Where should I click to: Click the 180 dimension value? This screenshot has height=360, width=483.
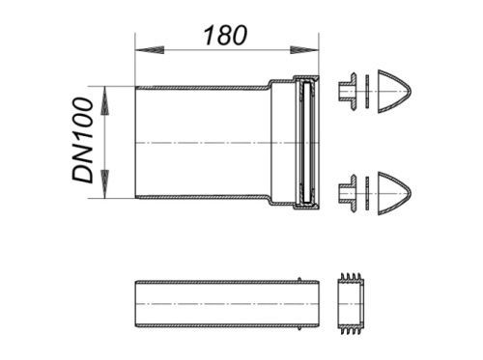225,35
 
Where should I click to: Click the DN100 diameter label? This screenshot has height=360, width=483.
82,140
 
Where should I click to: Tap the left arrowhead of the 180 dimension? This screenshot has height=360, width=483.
150,50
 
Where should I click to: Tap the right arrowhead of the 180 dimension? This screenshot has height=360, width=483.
304,50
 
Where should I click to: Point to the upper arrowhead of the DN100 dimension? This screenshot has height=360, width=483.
104,100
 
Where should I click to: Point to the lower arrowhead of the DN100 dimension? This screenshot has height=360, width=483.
104,184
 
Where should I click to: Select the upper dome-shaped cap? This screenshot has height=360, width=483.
394,92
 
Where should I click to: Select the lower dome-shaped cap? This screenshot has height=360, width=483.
394,194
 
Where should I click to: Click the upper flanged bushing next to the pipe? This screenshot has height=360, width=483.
348,92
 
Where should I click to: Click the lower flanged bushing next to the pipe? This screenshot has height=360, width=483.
348,193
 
